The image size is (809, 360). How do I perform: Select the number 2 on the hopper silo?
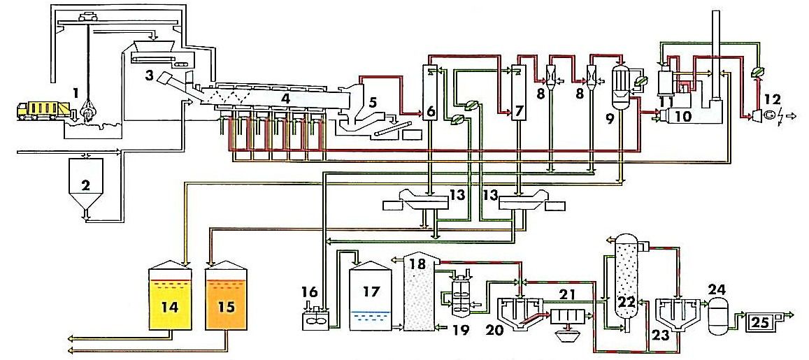coord(85,184)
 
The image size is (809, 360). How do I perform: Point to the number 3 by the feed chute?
coord(149,75)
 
